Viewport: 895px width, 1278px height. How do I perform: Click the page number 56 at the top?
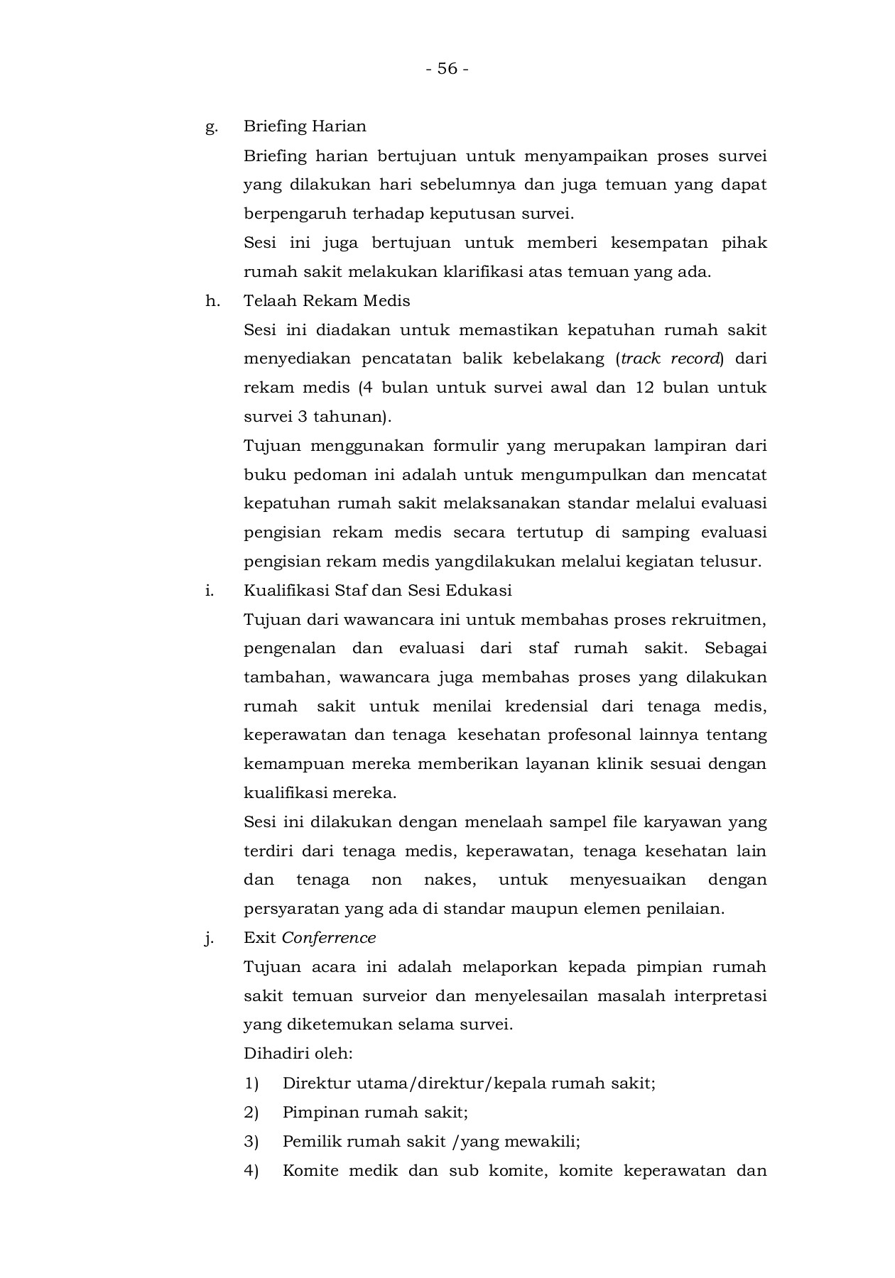point(447,69)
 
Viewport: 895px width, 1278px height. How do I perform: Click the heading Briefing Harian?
point(305,126)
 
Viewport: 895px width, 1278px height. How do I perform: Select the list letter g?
point(211,128)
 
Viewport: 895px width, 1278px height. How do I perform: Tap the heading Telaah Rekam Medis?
point(327,301)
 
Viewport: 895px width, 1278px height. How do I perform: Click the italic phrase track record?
point(671,359)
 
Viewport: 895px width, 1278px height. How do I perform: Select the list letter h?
point(212,301)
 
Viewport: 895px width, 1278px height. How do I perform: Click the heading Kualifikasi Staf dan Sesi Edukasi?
point(377,591)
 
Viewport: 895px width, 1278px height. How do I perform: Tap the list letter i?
point(209,591)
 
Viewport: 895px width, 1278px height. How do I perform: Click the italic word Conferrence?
point(328,938)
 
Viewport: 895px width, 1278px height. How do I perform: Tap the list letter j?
point(209,939)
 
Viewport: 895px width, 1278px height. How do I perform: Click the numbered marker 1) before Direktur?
point(251,1083)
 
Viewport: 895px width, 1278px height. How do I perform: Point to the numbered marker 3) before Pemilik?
point(251,1142)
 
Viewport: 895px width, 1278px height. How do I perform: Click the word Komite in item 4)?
point(310,1171)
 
